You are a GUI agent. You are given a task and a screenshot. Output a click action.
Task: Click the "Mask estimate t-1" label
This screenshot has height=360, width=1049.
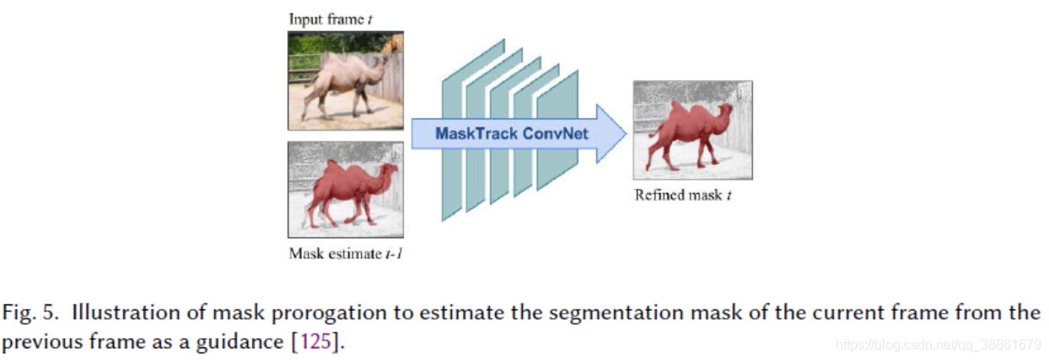point(345,253)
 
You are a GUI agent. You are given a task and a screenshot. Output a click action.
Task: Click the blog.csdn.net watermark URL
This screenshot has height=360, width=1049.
point(937,345)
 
